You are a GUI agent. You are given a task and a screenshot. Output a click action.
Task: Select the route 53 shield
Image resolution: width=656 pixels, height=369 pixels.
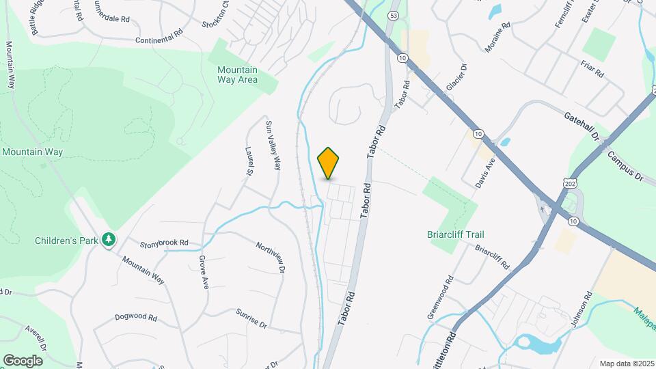pyautogui.click(x=393, y=15)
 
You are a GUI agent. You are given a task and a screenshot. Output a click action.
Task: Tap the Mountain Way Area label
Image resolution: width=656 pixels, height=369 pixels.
pyautogui.click(x=237, y=74)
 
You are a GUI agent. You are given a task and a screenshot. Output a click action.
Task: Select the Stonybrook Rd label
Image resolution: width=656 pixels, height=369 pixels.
pyautogui.click(x=164, y=243)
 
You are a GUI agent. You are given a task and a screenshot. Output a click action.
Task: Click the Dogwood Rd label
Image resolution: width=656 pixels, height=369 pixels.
pyautogui.click(x=136, y=318)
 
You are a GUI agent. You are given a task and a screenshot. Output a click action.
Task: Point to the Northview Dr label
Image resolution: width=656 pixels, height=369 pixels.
pyautogui.click(x=269, y=256)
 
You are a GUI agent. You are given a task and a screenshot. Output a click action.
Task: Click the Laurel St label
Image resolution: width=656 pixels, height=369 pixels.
pyautogui.click(x=247, y=163)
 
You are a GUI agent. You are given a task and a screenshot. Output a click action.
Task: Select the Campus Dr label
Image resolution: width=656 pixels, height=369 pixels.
pyautogui.click(x=625, y=166)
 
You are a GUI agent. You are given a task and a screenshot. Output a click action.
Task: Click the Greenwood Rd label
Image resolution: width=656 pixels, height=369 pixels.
pyautogui.click(x=440, y=297)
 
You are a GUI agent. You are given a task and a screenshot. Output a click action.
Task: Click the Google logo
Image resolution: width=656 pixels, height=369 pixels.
pyautogui.click(x=23, y=360)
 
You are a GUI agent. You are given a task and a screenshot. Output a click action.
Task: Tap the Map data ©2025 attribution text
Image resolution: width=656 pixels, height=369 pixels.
pyautogui.click(x=626, y=364)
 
